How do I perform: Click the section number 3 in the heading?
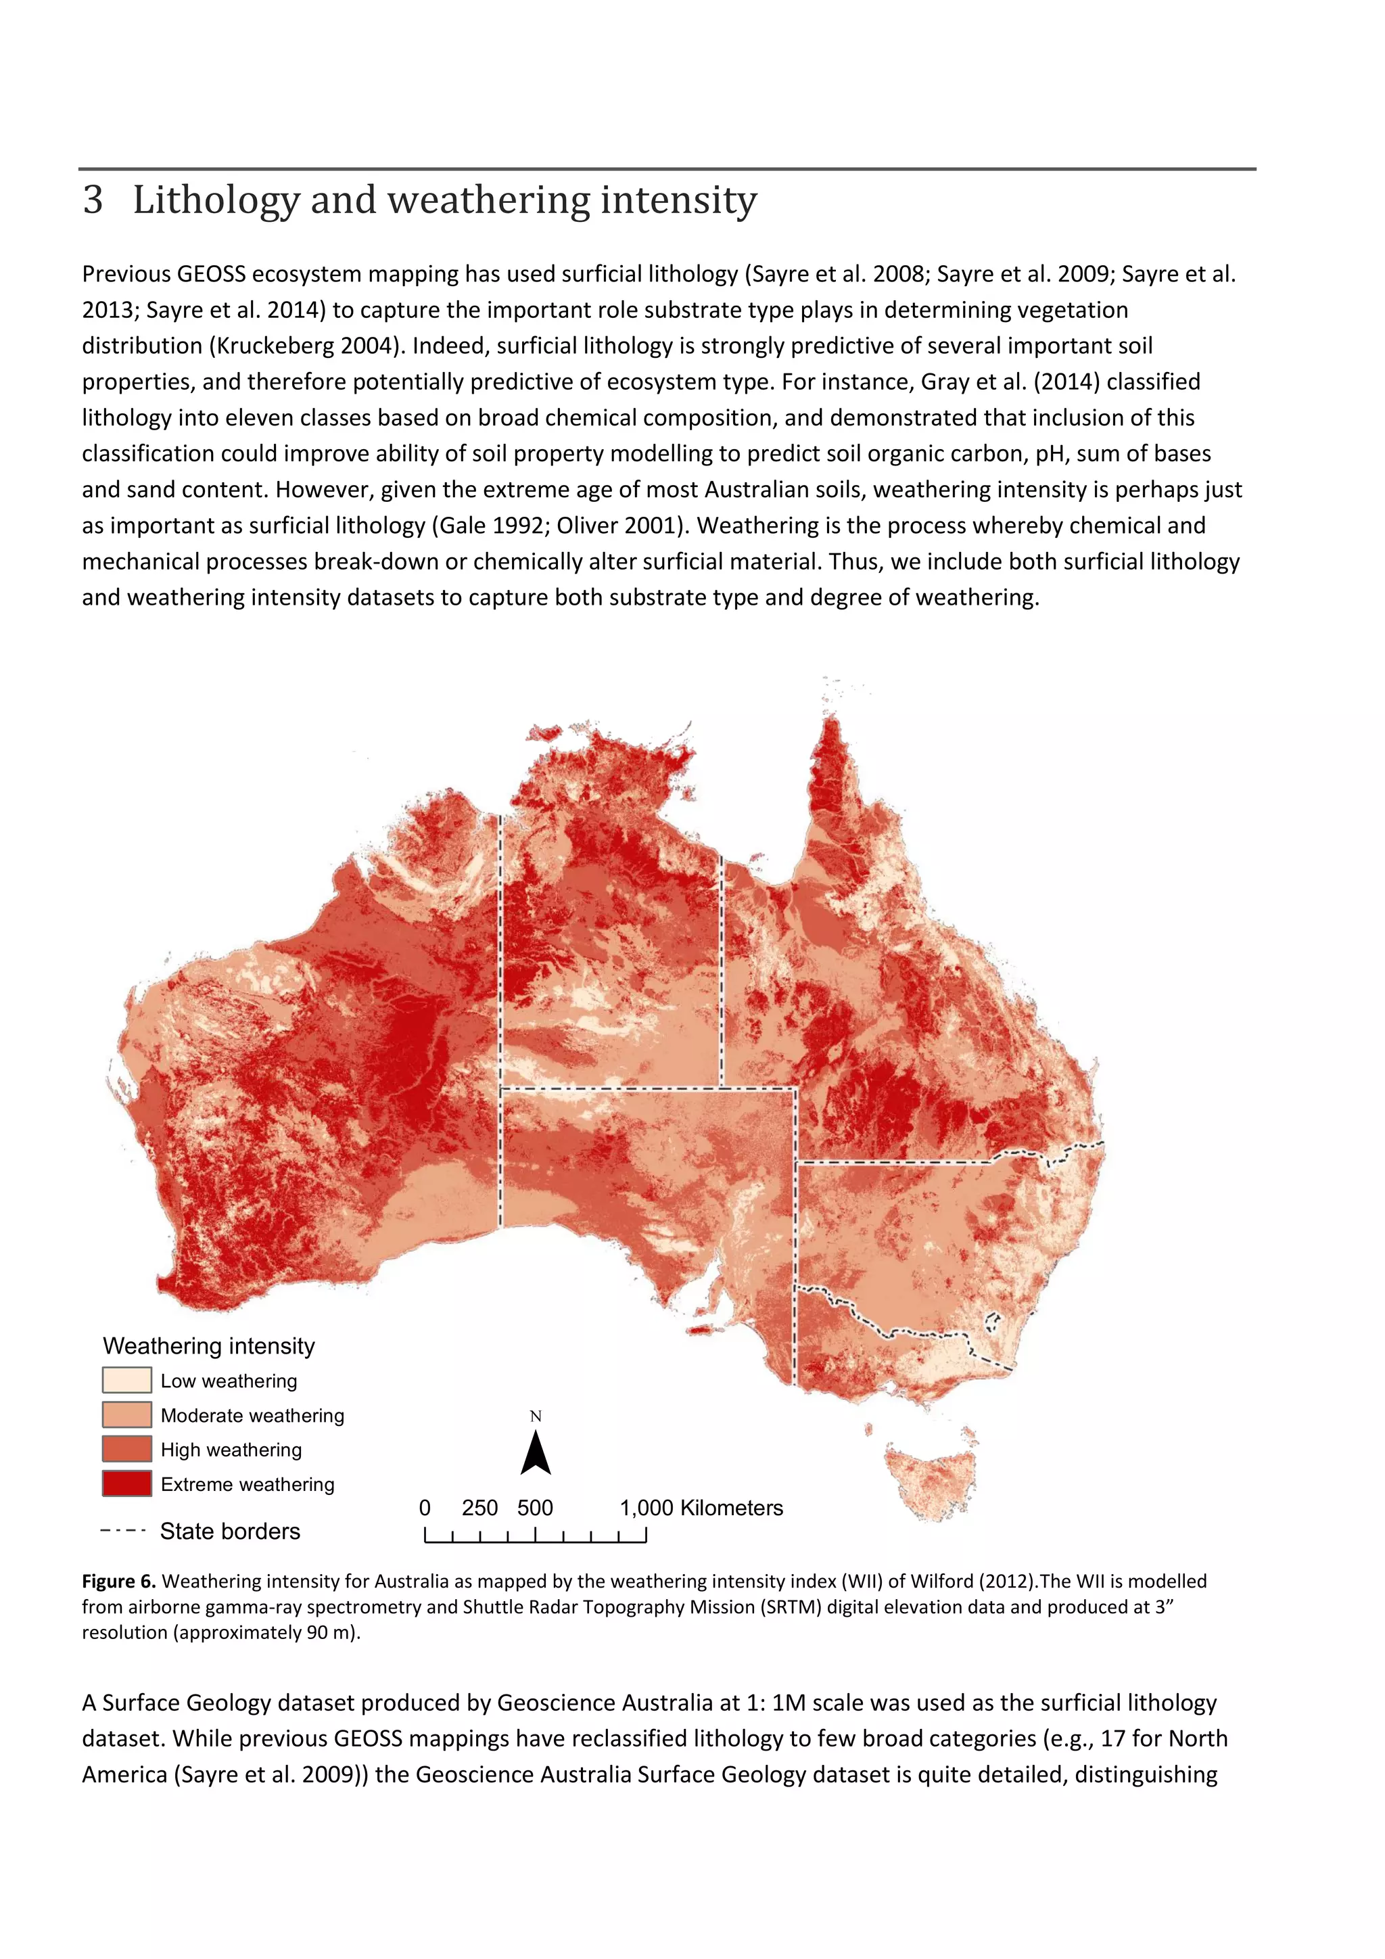(x=93, y=200)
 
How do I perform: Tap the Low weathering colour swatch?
(x=126, y=1381)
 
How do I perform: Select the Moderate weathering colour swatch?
(x=126, y=1414)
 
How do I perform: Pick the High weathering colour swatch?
(x=126, y=1449)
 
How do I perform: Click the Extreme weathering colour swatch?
(x=126, y=1483)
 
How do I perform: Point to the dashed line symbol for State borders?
(x=123, y=1531)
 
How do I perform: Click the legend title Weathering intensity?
(x=209, y=1345)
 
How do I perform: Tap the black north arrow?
(x=536, y=1453)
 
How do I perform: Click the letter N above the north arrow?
(x=536, y=1416)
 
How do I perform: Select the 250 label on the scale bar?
(x=479, y=1508)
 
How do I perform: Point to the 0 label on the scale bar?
(x=425, y=1508)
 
